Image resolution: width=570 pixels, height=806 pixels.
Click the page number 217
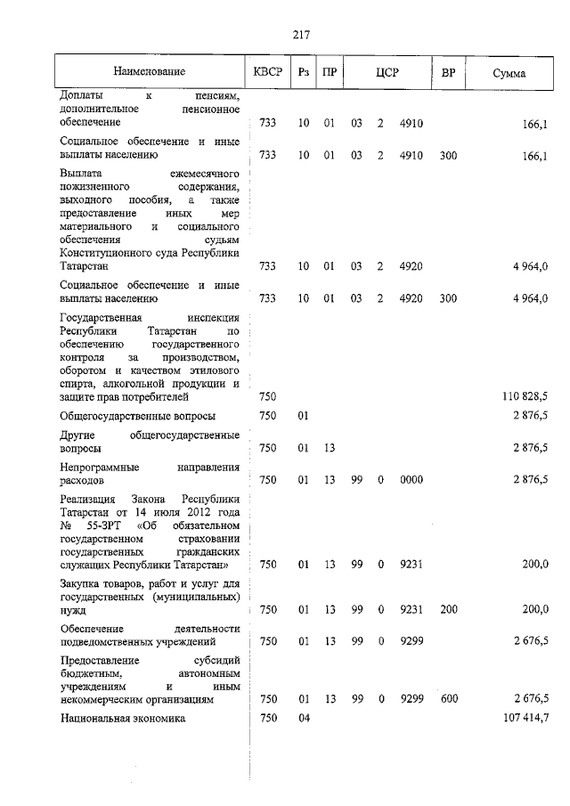tap(300, 35)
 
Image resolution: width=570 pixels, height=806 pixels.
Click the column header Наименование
tap(149, 72)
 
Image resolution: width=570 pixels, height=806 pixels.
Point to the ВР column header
tap(448, 72)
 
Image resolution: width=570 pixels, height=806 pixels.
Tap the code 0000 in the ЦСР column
tap(411, 480)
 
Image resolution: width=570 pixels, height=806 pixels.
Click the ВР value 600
tap(448, 700)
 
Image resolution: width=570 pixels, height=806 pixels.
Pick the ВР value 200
tap(448, 609)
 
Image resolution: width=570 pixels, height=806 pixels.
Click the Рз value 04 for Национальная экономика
tap(304, 719)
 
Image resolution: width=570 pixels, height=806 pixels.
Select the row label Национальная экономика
tap(122, 719)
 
